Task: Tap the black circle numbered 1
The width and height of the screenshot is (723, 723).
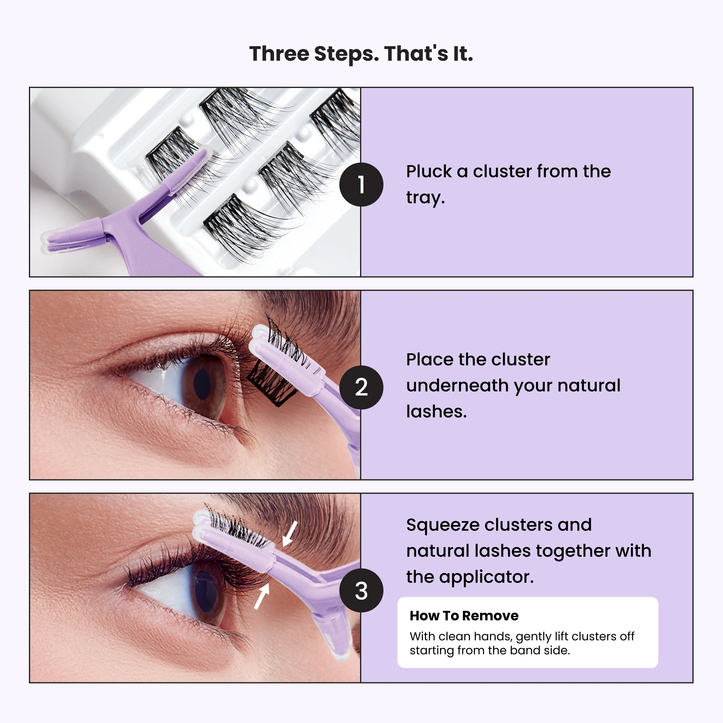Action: coord(361,185)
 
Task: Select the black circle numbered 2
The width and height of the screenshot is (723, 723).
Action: coord(361,387)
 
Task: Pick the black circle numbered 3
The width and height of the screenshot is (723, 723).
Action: coord(361,590)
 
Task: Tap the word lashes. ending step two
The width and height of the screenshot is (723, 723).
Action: coord(436,412)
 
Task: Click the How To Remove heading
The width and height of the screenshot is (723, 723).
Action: coord(464,616)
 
